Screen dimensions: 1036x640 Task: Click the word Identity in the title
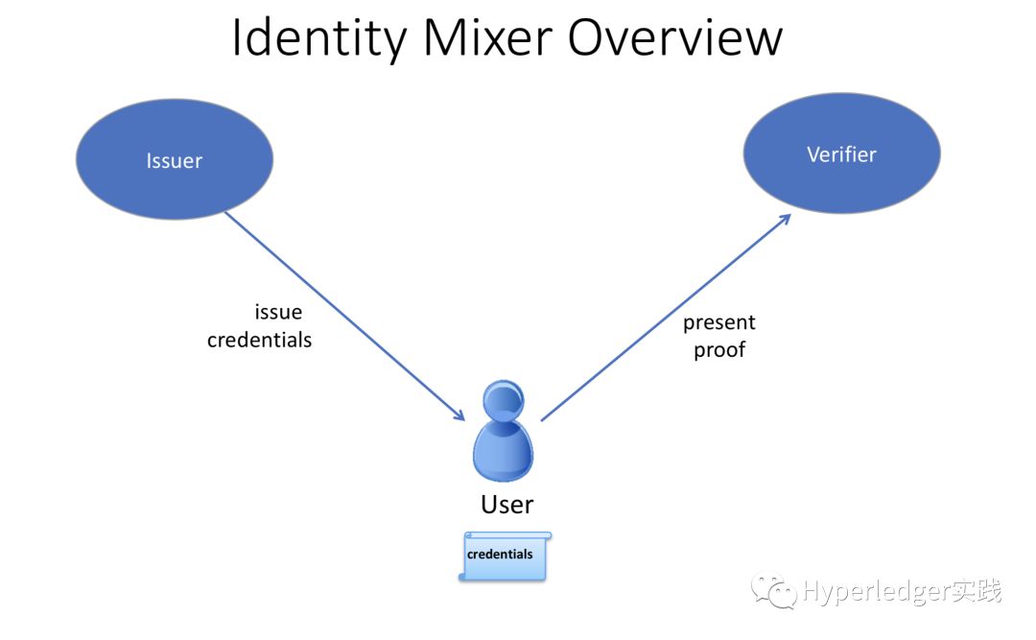click(x=319, y=38)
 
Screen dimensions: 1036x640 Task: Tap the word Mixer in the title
click(x=487, y=37)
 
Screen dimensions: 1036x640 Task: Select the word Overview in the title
click(x=674, y=37)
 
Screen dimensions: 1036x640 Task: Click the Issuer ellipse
click(x=175, y=159)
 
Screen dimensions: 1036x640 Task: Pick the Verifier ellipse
click(x=842, y=154)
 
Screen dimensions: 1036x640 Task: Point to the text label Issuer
click(x=175, y=160)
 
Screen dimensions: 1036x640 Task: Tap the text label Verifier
click(x=842, y=154)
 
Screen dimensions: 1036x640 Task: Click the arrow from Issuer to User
click(x=345, y=316)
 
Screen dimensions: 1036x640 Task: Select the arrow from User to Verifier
click(x=666, y=318)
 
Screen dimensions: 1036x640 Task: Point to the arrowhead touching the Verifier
click(x=785, y=220)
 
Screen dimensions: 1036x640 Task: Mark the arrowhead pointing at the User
click(x=459, y=415)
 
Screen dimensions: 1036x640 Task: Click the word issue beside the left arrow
click(x=278, y=312)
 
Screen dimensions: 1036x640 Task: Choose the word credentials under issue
click(x=259, y=340)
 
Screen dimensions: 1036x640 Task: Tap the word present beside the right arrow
click(x=718, y=322)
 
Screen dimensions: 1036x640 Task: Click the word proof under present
click(x=718, y=349)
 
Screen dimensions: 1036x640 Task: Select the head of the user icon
click(x=504, y=400)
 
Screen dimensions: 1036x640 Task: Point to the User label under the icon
click(x=506, y=505)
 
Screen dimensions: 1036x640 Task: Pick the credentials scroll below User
click(x=506, y=556)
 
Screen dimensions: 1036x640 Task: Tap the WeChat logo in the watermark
click(x=774, y=590)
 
